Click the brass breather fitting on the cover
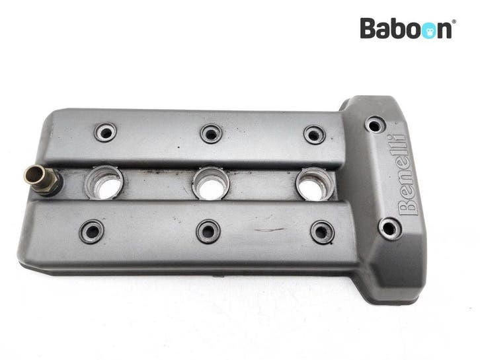click(x=42, y=180)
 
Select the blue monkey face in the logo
click(x=430, y=30)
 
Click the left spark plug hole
click(x=104, y=183)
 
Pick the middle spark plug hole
click(x=211, y=183)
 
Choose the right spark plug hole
click(x=315, y=184)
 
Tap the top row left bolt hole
click(x=105, y=132)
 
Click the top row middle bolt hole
click(x=211, y=133)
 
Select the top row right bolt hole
click(x=315, y=135)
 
